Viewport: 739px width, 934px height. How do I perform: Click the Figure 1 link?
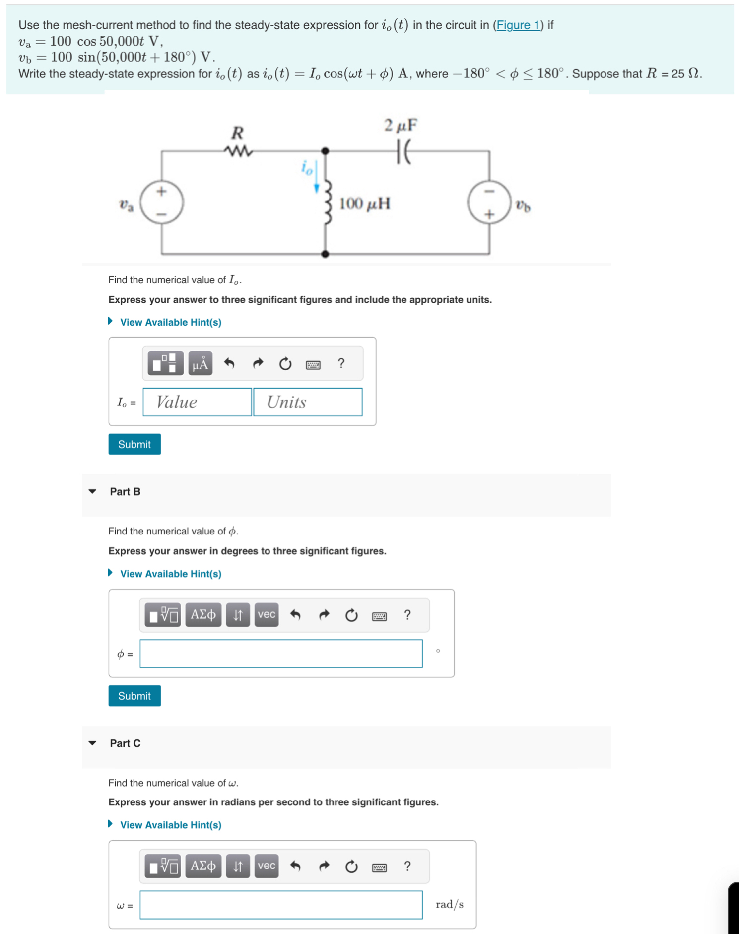point(518,25)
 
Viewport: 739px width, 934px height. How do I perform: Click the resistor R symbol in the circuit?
point(239,150)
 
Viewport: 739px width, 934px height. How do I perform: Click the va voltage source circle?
point(162,202)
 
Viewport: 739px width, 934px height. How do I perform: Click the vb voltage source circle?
point(489,202)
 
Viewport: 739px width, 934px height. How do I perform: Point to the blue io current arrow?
point(316,177)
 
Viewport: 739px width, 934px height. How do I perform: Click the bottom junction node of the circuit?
point(325,254)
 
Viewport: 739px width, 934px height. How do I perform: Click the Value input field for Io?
point(197,402)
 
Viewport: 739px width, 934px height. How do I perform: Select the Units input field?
point(308,402)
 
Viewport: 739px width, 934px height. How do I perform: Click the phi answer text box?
point(281,654)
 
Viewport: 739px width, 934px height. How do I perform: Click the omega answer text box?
point(281,905)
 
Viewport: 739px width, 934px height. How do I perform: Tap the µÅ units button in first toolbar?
point(200,364)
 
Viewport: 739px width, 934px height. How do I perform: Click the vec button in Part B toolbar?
point(267,615)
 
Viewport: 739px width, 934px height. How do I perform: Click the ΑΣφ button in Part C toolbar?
point(203,866)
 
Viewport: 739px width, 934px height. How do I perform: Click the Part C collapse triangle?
point(92,743)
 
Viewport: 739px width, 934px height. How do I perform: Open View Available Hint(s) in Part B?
point(170,574)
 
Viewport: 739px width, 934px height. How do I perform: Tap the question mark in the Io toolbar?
point(341,364)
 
